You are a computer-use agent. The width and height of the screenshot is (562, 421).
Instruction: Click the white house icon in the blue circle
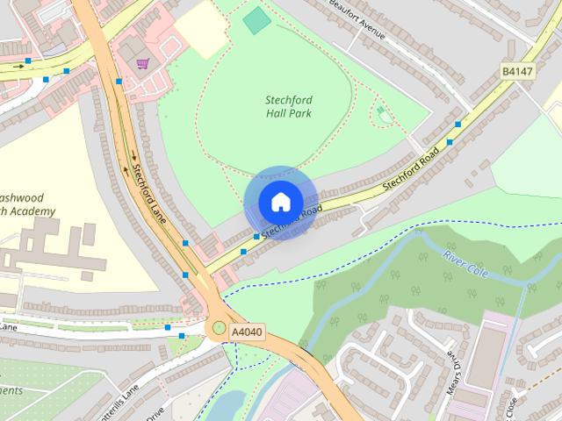pyautogui.click(x=279, y=202)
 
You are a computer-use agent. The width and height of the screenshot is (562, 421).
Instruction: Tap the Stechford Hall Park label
pyautogui.click(x=288, y=106)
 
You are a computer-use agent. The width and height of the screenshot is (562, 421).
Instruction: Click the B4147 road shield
pyautogui.click(x=516, y=72)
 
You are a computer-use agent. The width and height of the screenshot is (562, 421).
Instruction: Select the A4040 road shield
pyautogui.click(x=247, y=332)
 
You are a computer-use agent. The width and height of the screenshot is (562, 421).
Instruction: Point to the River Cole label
pyautogui.click(x=465, y=260)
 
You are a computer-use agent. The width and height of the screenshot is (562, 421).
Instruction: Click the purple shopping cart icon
pyautogui.click(x=142, y=63)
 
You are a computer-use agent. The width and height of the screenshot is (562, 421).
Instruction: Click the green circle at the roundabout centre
pyautogui.click(x=218, y=328)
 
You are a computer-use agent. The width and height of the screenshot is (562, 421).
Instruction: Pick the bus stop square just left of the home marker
pyautogui.click(x=256, y=237)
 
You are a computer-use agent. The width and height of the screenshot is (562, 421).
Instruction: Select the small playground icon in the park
pyautogui.click(x=381, y=111)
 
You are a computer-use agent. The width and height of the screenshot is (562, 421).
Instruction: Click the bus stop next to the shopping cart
pyautogui.click(x=119, y=82)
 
